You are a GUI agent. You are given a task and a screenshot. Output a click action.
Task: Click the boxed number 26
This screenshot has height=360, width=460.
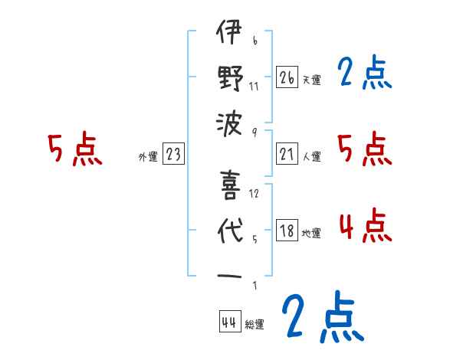click(x=287, y=77)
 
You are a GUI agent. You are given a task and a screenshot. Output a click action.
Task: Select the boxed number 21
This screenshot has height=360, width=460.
click(x=287, y=154)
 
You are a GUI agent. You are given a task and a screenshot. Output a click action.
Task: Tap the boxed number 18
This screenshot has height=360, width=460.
click(x=287, y=231)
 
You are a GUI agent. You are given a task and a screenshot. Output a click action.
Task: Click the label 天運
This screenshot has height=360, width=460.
click(x=312, y=80)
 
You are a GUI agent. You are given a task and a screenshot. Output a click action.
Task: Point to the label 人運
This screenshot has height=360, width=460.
click(x=312, y=157)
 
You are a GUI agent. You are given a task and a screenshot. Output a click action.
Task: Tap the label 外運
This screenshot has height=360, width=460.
click(x=147, y=157)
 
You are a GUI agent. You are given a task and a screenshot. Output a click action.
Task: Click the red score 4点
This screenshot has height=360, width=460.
click(x=364, y=226)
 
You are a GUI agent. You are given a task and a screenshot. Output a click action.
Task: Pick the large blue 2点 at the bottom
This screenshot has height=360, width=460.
click(x=321, y=316)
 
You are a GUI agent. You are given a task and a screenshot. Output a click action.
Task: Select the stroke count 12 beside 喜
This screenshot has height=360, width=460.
click(x=255, y=193)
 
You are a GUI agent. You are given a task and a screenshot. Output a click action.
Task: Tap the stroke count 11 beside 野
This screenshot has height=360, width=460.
click(x=254, y=85)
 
